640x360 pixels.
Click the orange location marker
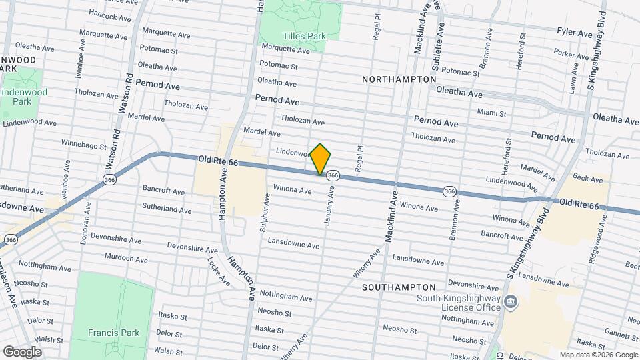coord(321,159)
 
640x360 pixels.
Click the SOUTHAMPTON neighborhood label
coord(399,287)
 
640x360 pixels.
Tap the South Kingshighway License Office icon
coord(510,303)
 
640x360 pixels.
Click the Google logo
coord(22,352)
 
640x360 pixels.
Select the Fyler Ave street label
coord(575,33)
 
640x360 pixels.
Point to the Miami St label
coord(492,114)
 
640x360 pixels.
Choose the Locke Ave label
coord(218,271)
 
